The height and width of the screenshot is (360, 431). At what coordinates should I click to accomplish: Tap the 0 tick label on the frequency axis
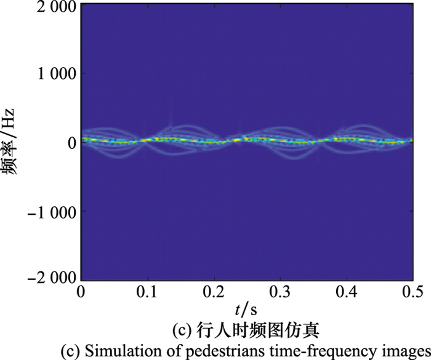(70, 143)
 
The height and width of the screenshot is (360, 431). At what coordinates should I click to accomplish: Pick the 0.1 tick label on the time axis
(147, 290)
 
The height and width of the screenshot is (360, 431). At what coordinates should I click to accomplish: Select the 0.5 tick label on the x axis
(412, 290)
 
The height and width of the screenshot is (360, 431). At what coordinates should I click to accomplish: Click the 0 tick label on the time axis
(81, 290)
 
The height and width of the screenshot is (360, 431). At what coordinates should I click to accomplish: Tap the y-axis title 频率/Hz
(14, 142)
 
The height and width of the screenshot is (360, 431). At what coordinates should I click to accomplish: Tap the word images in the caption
(396, 350)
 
